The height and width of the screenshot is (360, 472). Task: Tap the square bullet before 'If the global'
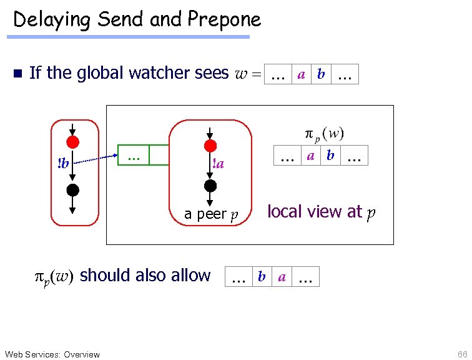click(x=17, y=74)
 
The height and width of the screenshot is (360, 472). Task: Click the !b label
click(x=63, y=164)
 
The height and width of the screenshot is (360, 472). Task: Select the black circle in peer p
click(x=210, y=186)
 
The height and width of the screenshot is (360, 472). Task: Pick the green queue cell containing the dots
click(x=134, y=155)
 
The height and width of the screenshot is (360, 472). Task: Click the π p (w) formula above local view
click(x=325, y=134)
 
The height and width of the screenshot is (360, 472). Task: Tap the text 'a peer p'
click(x=211, y=214)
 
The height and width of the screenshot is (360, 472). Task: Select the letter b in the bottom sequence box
click(x=262, y=277)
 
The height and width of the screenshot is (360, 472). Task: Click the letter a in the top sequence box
click(x=301, y=74)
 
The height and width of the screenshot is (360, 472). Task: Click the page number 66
click(x=461, y=354)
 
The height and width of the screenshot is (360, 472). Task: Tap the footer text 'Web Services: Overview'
click(x=51, y=354)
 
